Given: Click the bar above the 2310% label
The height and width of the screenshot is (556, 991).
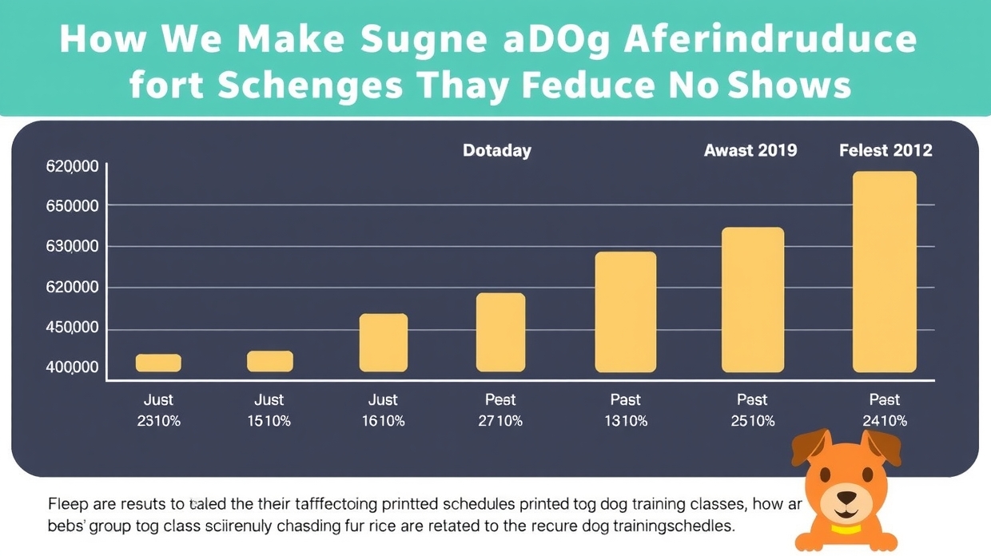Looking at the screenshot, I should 158,363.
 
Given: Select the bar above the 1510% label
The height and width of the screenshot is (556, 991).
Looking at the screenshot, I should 270,361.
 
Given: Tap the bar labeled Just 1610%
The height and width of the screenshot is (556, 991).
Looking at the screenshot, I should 384,343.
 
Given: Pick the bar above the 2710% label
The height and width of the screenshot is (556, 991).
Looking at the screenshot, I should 501,332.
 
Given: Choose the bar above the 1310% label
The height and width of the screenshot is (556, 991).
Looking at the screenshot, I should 626,312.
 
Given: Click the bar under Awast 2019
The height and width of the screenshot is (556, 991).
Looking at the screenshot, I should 753,300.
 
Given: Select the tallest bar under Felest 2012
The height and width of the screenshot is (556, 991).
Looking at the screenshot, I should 885,272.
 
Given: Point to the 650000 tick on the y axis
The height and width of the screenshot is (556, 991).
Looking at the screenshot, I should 73,206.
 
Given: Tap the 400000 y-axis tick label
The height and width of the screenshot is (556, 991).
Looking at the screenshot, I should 73,367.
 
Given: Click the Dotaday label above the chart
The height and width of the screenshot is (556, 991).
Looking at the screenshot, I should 496,150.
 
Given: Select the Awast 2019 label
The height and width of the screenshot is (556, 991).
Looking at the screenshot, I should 750,150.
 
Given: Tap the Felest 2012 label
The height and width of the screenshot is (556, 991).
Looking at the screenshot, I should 886,150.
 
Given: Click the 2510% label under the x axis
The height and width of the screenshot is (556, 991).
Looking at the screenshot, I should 752,420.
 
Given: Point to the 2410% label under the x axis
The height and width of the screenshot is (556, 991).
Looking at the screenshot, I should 885,420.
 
